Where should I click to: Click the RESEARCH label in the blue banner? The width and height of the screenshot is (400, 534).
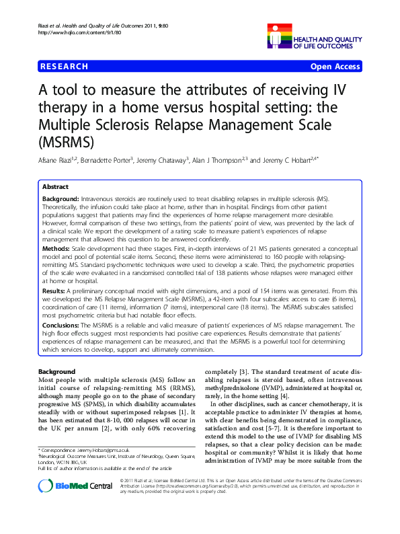tap(65, 67)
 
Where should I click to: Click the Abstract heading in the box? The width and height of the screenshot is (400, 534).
tap(55, 187)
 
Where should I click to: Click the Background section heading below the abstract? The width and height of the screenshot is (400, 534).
tap(57, 372)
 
